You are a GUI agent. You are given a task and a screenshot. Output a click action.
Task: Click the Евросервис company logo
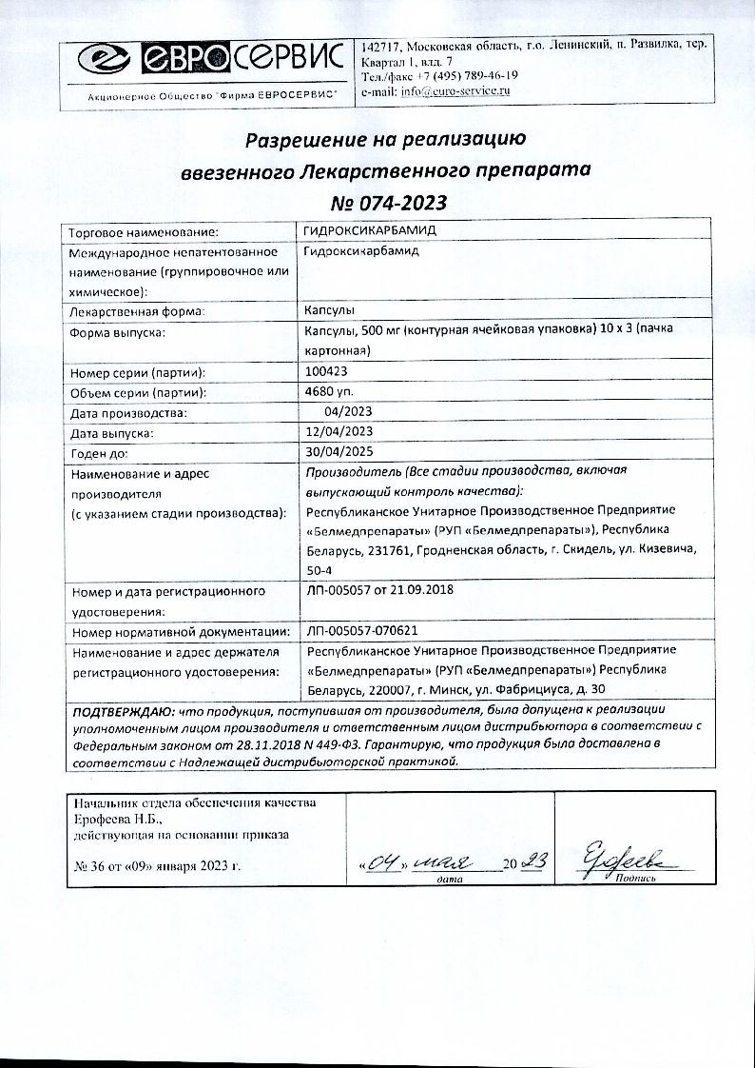coord(210,61)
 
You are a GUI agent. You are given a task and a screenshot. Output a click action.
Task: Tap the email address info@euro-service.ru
coord(455,90)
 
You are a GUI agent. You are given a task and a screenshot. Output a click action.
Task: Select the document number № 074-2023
coord(387,203)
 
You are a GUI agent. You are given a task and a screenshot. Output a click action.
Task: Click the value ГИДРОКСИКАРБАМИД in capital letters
coord(370,230)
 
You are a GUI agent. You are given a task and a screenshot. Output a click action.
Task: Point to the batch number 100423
coord(328,373)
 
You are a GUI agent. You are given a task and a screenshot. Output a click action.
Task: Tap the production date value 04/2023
coord(348,411)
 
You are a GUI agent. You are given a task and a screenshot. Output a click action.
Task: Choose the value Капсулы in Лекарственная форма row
coord(329,311)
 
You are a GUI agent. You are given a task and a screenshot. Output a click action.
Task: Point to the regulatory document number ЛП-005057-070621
coord(362,630)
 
